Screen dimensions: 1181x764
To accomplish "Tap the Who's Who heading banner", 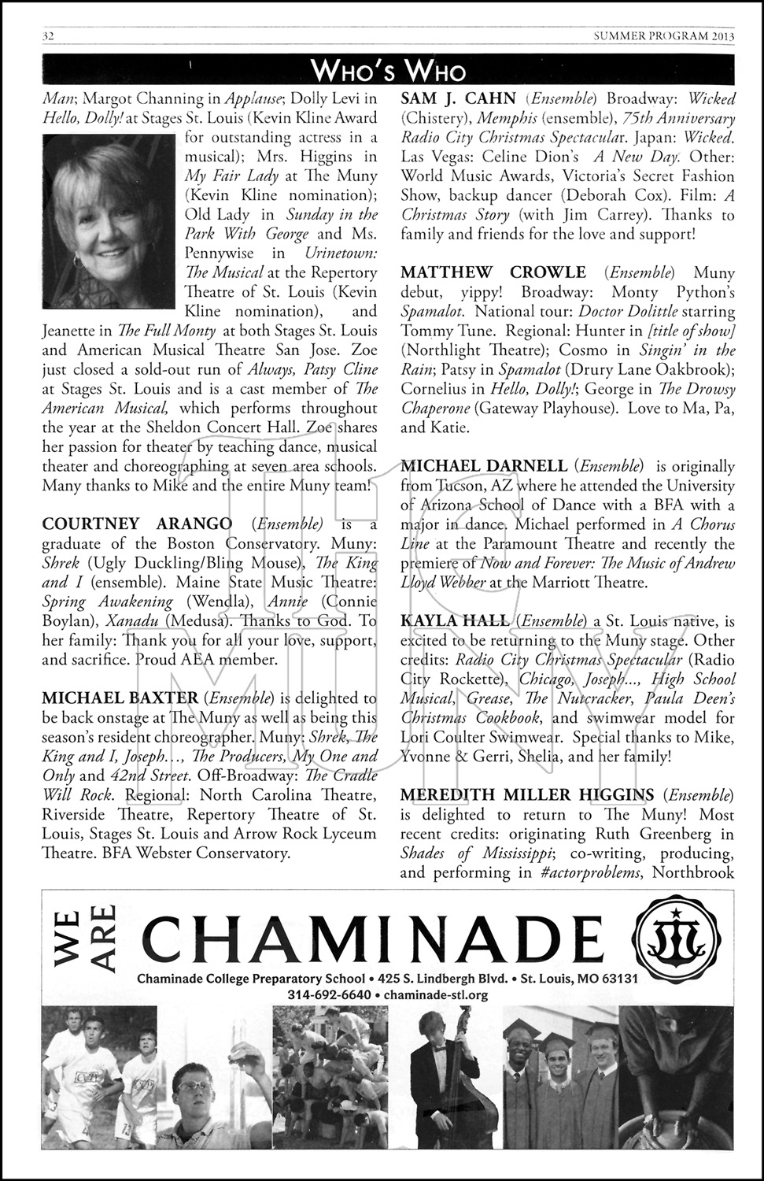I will pos(388,71).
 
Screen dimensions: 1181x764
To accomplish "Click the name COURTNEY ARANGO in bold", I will pos(137,524).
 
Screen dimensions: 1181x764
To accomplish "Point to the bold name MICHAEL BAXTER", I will pos(120,698).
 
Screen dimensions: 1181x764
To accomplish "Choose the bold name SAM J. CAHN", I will pos(458,99).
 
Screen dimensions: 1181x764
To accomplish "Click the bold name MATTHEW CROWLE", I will pos(493,272).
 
